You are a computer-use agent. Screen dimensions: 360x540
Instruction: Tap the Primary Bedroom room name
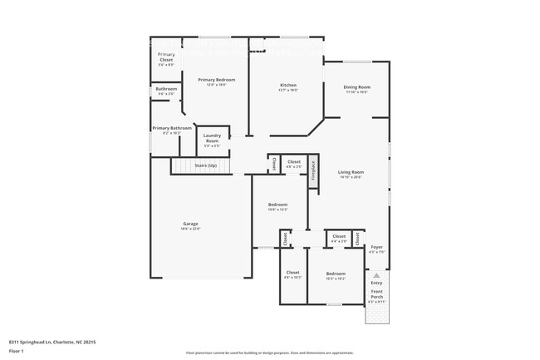(x=211, y=80)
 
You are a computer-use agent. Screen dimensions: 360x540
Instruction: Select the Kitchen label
(x=287, y=85)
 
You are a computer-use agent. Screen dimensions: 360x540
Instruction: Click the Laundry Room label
(x=211, y=138)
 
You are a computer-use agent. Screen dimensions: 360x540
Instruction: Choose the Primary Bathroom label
(x=171, y=128)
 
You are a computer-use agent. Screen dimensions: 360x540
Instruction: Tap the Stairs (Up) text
(x=205, y=165)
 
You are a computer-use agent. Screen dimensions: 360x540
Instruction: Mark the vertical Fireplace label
(x=313, y=171)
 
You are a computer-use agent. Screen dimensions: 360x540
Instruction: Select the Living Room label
(x=351, y=172)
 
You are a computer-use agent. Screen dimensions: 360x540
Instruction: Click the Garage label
(x=190, y=224)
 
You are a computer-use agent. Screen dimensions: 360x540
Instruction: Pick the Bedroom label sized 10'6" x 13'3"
(x=277, y=205)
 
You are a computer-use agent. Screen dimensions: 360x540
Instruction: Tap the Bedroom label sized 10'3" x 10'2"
(x=336, y=274)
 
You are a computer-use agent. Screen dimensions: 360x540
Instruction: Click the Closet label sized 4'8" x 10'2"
(x=292, y=272)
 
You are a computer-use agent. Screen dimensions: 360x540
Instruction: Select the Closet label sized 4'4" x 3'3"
(x=338, y=236)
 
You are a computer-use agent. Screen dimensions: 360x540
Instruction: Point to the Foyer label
(x=376, y=247)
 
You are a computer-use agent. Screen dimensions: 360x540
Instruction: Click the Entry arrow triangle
(x=376, y=276)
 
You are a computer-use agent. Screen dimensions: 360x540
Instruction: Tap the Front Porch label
(x=376, y=293)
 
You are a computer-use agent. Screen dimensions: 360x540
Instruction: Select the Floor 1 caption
(x=17, y=350)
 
